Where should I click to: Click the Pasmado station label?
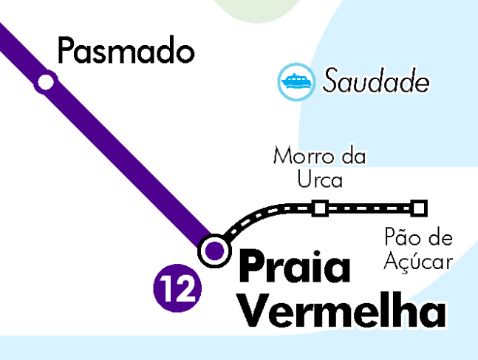[x=126, y=52]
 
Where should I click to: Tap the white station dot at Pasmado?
[x=46, y=81]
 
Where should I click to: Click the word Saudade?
[x=375, y=81]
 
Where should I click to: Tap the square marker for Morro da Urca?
[x=320, y=208]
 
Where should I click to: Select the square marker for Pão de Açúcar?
[x=420, y=208]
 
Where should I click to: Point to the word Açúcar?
[x=418, y=261]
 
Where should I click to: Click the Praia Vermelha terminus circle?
[x=214, y=250]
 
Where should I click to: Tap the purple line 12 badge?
[x=177, y=289]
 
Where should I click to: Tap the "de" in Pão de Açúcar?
[x=439, y=238]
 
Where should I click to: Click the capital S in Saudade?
[x=330, y=81]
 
